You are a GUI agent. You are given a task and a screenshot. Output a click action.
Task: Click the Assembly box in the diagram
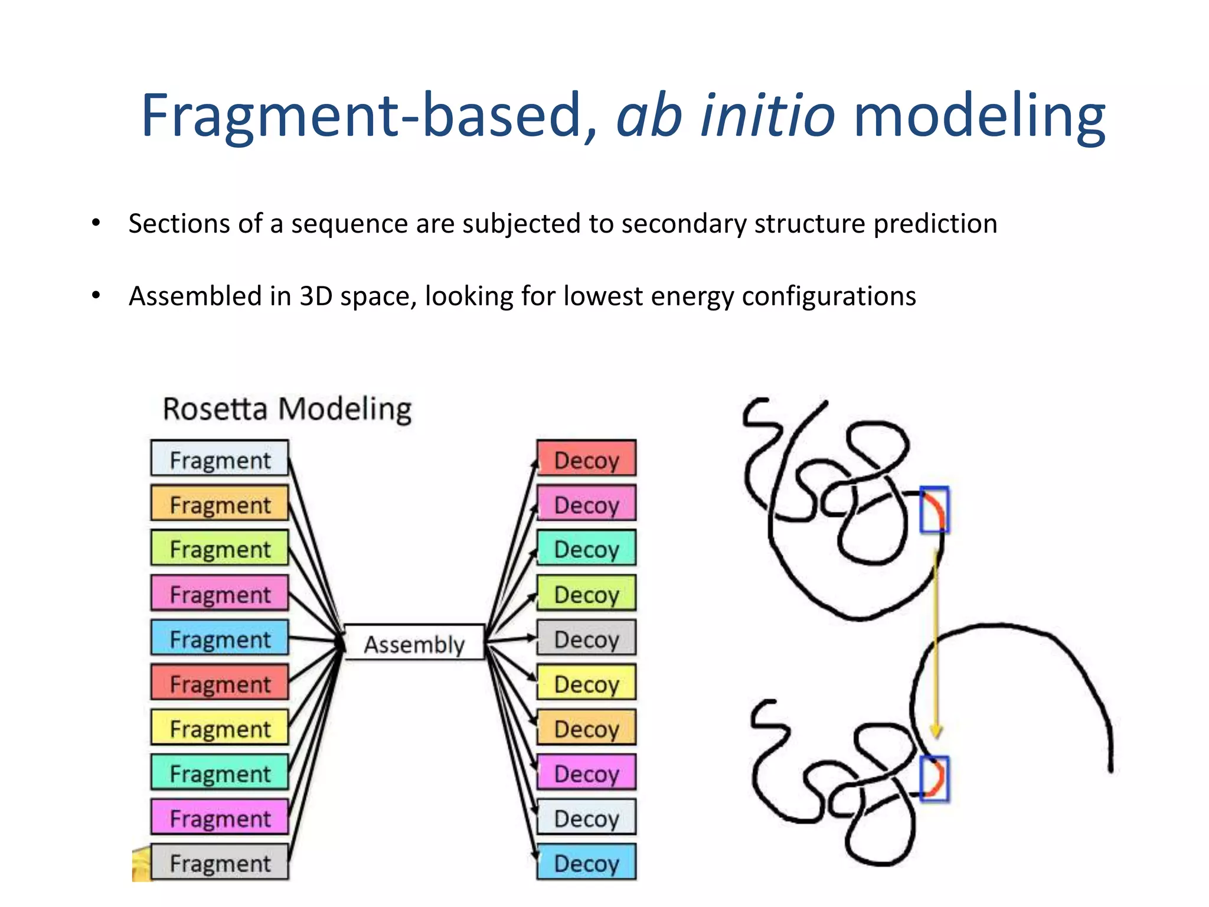414,642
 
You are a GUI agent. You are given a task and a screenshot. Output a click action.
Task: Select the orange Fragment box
220,504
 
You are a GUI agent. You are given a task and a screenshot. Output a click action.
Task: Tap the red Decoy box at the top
586,459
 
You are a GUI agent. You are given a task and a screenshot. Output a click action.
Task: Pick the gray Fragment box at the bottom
220,862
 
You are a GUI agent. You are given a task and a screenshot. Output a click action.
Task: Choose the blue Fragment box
220,638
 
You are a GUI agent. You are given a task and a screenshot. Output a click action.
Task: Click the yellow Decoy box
586,683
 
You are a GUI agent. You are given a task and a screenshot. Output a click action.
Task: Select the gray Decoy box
586,638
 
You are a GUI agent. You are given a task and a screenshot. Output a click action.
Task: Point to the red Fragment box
220,683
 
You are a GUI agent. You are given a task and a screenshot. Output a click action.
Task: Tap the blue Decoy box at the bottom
586,862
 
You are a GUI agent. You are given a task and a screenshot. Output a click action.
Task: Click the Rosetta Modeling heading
287,409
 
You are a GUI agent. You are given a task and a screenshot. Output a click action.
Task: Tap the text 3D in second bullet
316,296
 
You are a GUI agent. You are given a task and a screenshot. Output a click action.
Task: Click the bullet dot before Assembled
96,295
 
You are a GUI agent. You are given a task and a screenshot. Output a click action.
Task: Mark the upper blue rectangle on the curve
934,509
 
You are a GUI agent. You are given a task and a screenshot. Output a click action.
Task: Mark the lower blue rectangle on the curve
934,778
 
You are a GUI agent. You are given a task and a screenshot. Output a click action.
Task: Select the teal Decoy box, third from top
586,549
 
